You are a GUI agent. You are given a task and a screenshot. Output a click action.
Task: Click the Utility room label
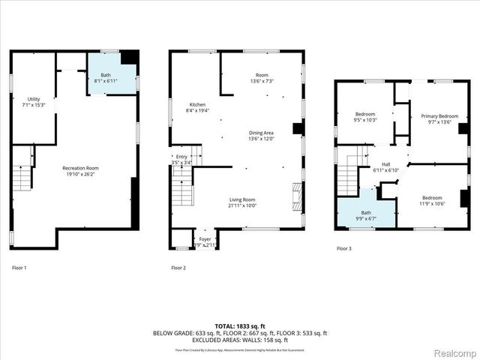point(33,102)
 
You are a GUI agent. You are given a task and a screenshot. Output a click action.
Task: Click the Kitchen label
point(197,107)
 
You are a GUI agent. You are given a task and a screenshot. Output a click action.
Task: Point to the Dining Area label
point(262,136)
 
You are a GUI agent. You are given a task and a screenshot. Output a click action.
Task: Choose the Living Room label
point(242,202)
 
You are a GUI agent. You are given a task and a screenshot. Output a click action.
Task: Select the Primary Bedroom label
point(439,119)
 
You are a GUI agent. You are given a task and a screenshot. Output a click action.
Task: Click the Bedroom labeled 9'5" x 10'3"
point(365,117)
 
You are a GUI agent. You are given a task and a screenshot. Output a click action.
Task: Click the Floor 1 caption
point(19,268)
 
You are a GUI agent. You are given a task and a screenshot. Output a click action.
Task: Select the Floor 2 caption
point(178,268)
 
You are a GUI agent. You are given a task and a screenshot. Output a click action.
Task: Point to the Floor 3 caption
point(343,248)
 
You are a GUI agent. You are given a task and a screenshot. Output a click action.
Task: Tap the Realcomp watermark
point(454,351)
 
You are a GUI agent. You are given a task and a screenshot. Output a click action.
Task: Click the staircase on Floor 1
point(22,178)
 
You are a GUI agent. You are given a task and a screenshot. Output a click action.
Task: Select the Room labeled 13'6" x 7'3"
point(262,78)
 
